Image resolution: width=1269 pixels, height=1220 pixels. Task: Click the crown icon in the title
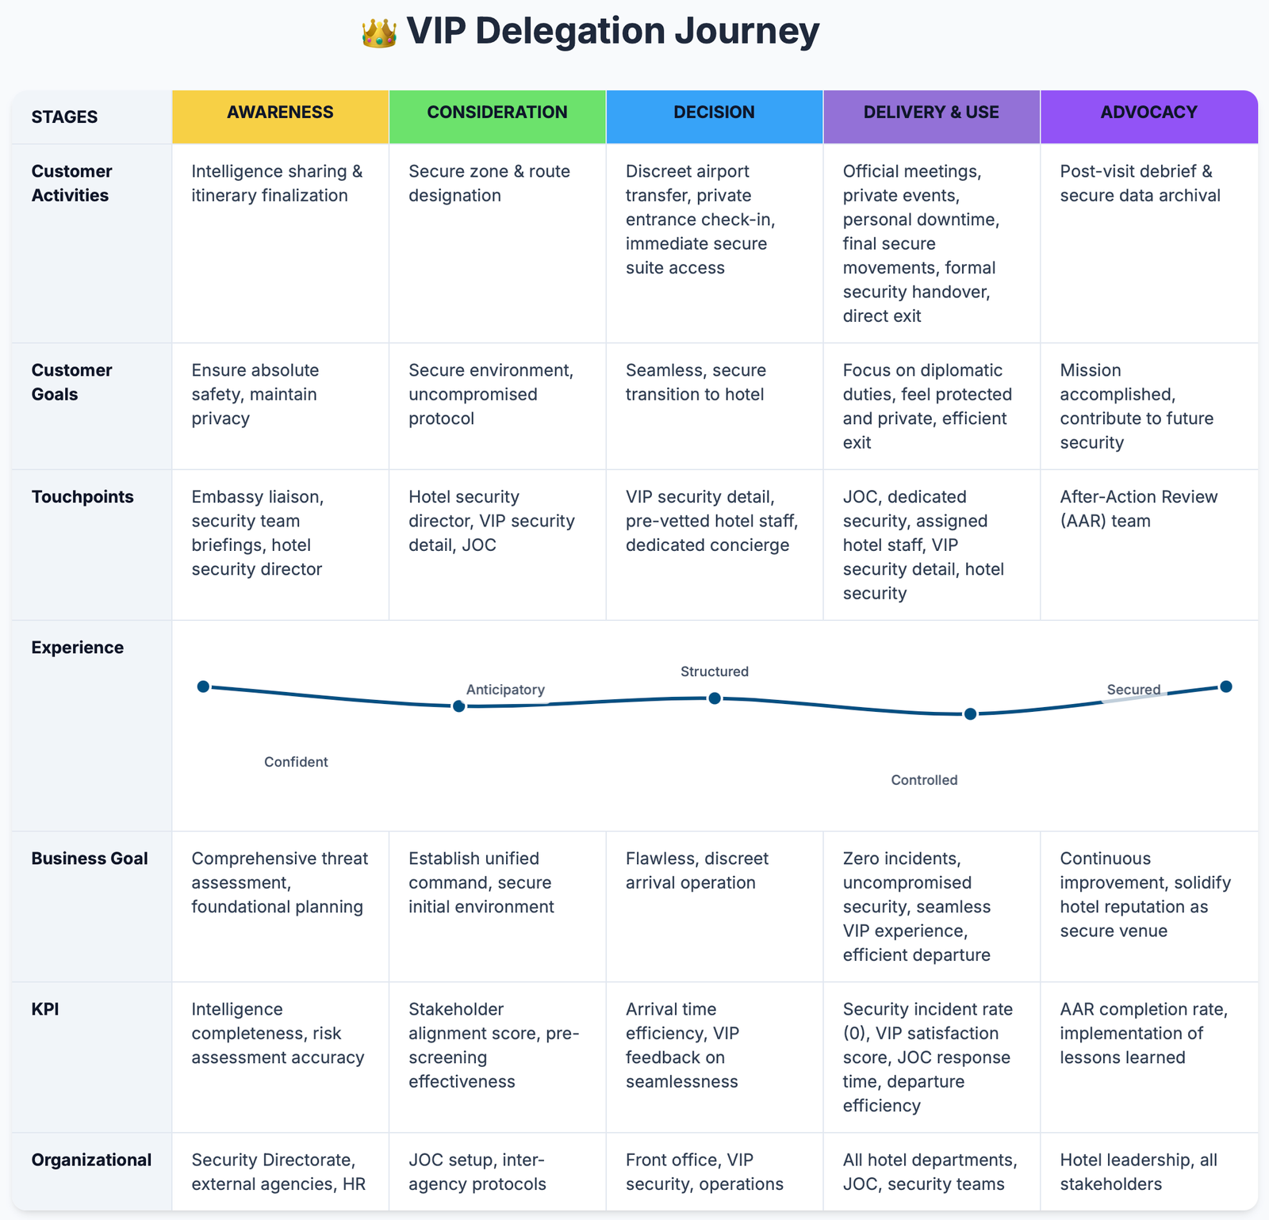(x=379, y=33)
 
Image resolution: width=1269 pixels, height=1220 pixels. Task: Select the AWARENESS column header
(x=280, y=113)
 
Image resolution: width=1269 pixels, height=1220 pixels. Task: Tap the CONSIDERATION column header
(x=497, y=113)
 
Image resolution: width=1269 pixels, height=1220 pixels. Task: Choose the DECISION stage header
(x=714, y=113)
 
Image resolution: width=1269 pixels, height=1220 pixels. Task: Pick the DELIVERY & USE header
(x=931, y=113)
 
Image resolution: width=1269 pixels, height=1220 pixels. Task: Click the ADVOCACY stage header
(x=1148, y=113)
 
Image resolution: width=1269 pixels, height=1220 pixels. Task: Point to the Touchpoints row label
(x=82, y=497)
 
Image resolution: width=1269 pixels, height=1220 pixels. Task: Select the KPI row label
(x=45, y=1009)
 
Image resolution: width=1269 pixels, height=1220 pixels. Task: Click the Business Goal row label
(x=90, y=859)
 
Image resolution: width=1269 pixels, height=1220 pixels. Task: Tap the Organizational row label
(x=91, y=1160)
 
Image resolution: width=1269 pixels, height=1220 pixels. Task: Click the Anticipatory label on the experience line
(x=505, y=690)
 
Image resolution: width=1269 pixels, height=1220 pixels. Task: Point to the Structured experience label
(x=715, y=671)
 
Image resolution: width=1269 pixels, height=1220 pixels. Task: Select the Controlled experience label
(x=924, y=780)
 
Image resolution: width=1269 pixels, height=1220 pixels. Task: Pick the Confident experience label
(x=296, y=762)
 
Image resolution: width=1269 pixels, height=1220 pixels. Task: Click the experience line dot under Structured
(x=715, y=698)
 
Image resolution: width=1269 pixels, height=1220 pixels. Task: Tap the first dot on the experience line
(x=203, y=686)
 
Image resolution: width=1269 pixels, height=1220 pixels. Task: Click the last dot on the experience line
(x=1226, y=686)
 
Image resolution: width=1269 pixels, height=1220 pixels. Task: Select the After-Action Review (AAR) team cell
(x=1138, y=509)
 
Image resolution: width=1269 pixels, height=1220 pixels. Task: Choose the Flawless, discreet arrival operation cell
(x=697, y=870)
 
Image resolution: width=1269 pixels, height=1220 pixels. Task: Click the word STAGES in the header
(x=64, y=117)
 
